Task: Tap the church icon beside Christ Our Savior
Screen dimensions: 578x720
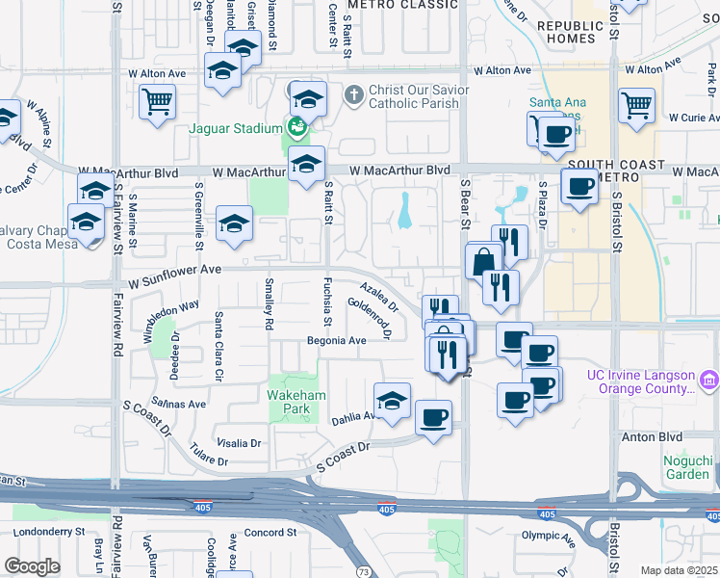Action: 353,93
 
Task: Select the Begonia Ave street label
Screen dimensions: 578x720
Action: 336,341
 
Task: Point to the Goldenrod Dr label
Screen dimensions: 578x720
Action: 369,318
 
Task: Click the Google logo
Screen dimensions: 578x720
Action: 32,566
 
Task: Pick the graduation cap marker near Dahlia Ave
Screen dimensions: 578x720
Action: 392,402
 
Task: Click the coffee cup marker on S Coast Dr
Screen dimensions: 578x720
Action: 433,419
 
